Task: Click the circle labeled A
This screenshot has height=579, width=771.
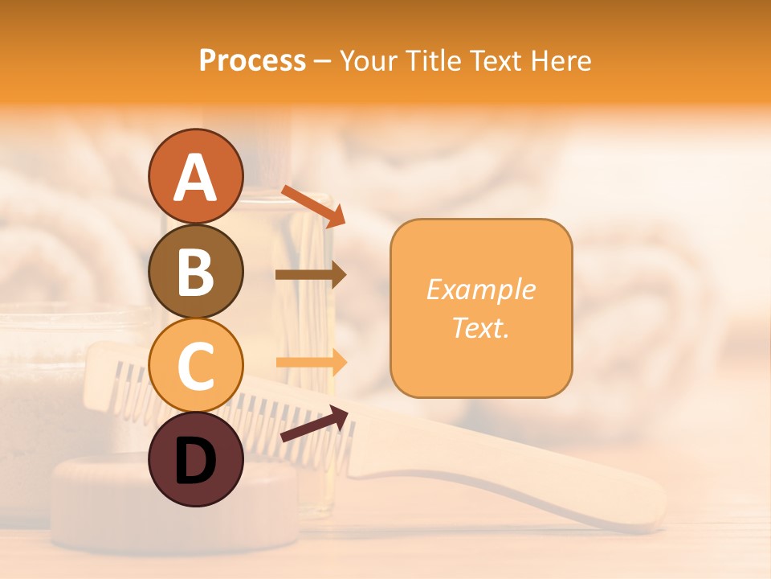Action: click(x=195, y=176)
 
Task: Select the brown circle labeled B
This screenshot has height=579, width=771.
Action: click(x=195, y=271)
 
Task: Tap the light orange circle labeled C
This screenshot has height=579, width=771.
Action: click(x=195, y=365)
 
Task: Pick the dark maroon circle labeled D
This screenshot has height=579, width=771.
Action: click(x=195, y=459)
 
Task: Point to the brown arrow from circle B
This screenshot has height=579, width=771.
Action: click(x=311, y=275)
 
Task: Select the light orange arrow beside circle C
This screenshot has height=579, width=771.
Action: click(x=311, y=362)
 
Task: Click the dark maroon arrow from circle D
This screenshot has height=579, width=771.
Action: click(x=314, y=424)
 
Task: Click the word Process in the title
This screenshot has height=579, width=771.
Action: click(x=252, y=60)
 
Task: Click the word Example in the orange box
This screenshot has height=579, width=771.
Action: click(x=480, y=289)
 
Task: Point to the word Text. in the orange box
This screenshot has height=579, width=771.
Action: click(x=480, y=327)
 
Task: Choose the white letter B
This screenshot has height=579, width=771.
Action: click(x=195, y=271)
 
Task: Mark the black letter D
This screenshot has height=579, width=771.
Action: click(x=195, y=461)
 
